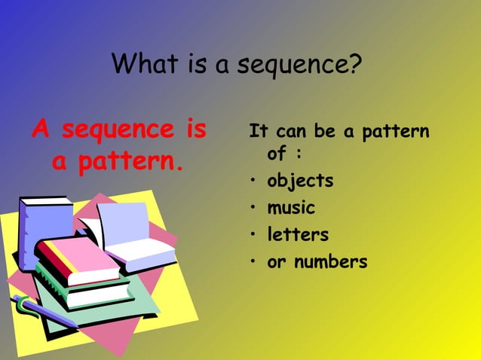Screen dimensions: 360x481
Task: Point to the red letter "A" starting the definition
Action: point(41,130)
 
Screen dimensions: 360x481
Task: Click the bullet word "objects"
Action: point(300,182)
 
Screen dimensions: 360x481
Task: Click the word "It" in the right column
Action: point(259,132)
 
